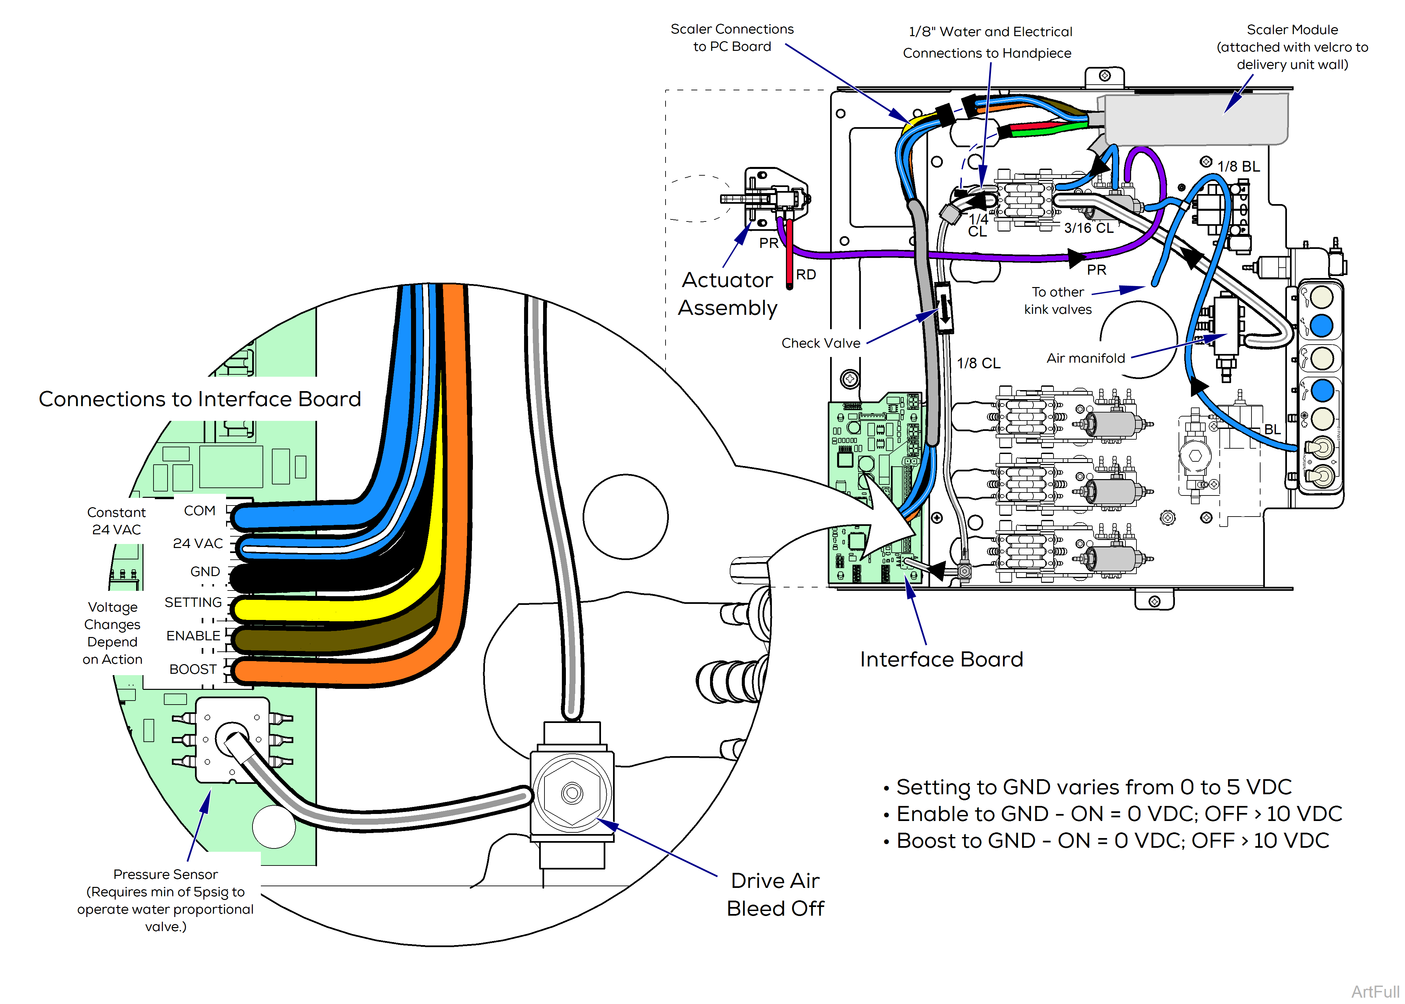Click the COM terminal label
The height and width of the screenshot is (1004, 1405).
(x=200, y=511)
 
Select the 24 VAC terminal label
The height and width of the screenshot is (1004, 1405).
(x=198, y=543)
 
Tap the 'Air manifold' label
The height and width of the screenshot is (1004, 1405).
(x=1086, y=359)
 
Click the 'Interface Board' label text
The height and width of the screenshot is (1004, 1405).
(x=941, y=660)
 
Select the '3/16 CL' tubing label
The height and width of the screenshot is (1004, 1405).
(x=1089, y=228)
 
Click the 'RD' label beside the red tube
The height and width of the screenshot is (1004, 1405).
(x=806, y=274)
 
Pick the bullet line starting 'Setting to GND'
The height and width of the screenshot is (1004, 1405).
(x=1094, y=787)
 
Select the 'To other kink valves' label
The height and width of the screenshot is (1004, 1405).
(x=1058, y=300)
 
